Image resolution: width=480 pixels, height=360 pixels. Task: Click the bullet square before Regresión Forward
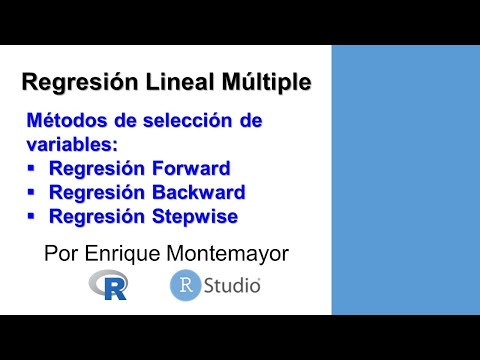[x=32, y=167]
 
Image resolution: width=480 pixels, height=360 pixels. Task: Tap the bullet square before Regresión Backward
[x=32, y=191]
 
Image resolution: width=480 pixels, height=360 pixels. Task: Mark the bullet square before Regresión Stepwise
[x=32, y=215]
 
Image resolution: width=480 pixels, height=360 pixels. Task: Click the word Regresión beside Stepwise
[x=94, y=215]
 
